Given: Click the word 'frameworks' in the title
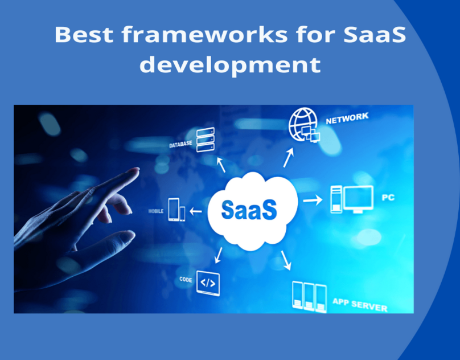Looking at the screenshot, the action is click(204, 34).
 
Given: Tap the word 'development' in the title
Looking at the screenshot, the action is click(231, 64).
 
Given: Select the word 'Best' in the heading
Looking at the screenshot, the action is click(84, 34).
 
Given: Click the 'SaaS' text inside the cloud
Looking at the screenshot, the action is click(249, 210).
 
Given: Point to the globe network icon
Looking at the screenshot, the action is click(304, 125).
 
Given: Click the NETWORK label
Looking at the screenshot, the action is click(347, 118).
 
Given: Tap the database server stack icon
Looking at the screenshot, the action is click(206, 140).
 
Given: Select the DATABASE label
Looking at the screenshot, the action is click(180, 144).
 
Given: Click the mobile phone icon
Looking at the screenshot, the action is click(176, 210).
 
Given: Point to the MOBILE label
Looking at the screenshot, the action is click(156, 211).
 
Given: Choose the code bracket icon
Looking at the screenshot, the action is click(208, 283).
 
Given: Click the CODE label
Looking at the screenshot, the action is click(186, 280).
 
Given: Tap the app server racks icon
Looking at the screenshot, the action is click(310, 297).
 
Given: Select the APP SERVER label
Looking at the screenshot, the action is click(360, 305).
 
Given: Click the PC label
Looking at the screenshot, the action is click(388, 198).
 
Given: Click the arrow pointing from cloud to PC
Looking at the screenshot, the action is click(313, 201).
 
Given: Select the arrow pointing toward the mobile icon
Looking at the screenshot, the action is click(196, 211).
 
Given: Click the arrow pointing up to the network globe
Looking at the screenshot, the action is click(289, 157).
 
